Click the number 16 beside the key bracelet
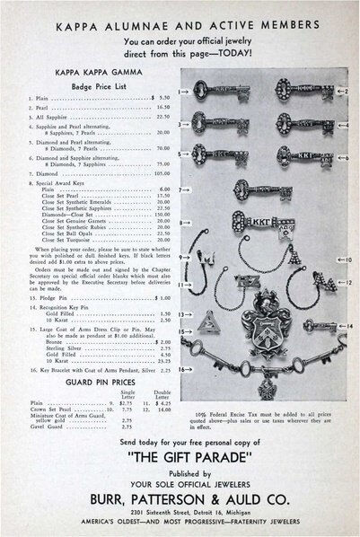click(180, 368)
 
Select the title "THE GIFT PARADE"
click(180, 452)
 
